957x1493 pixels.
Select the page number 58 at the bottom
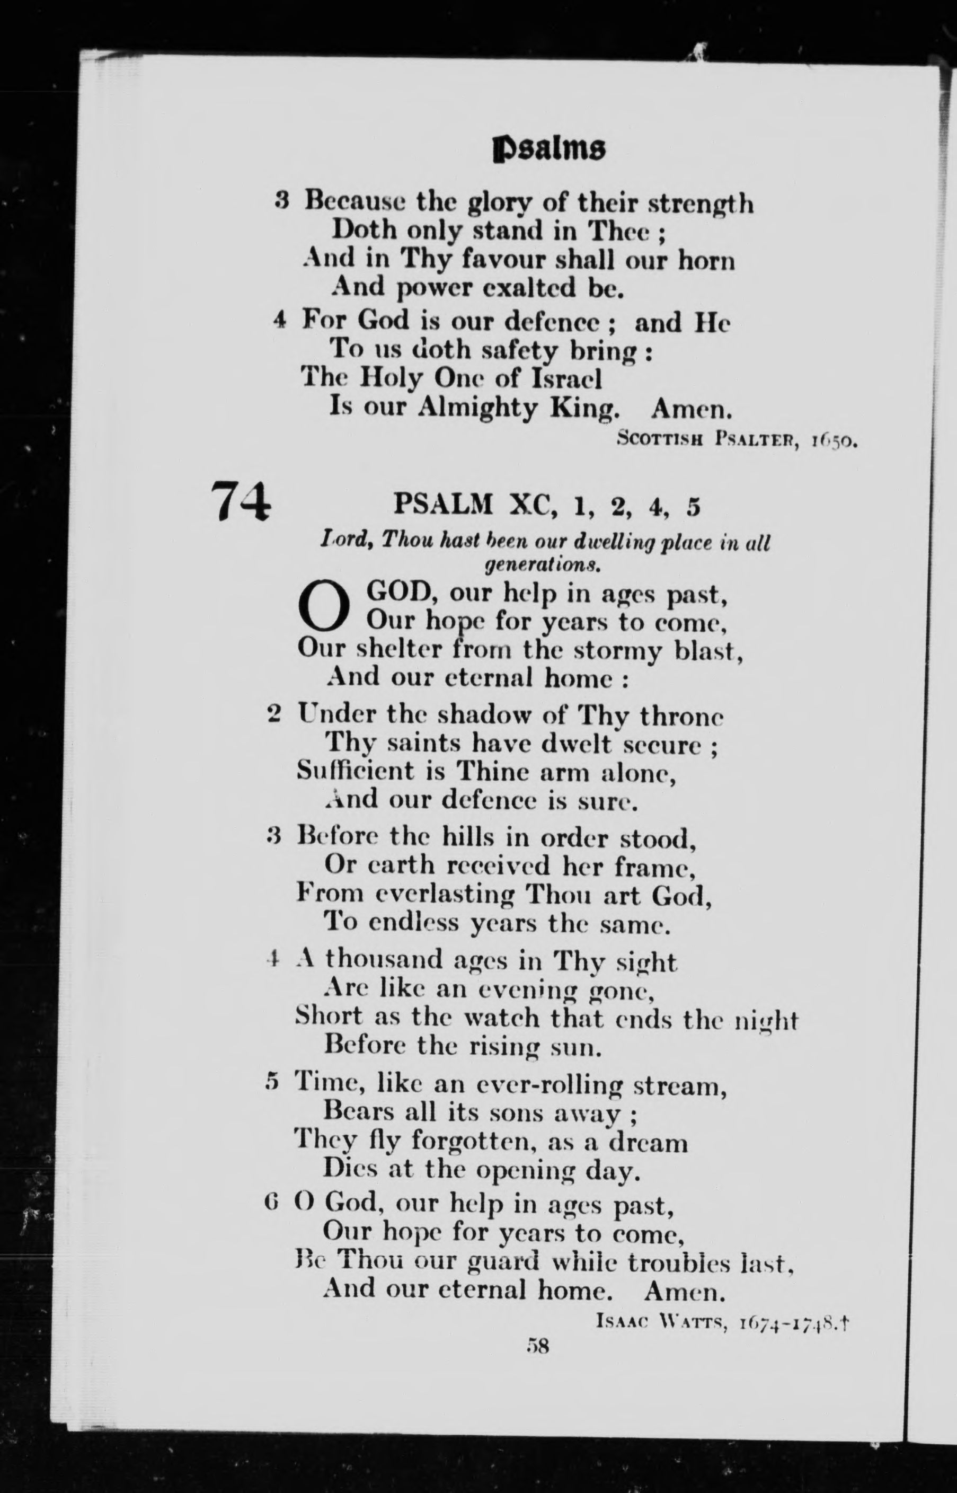(537, 1346)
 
